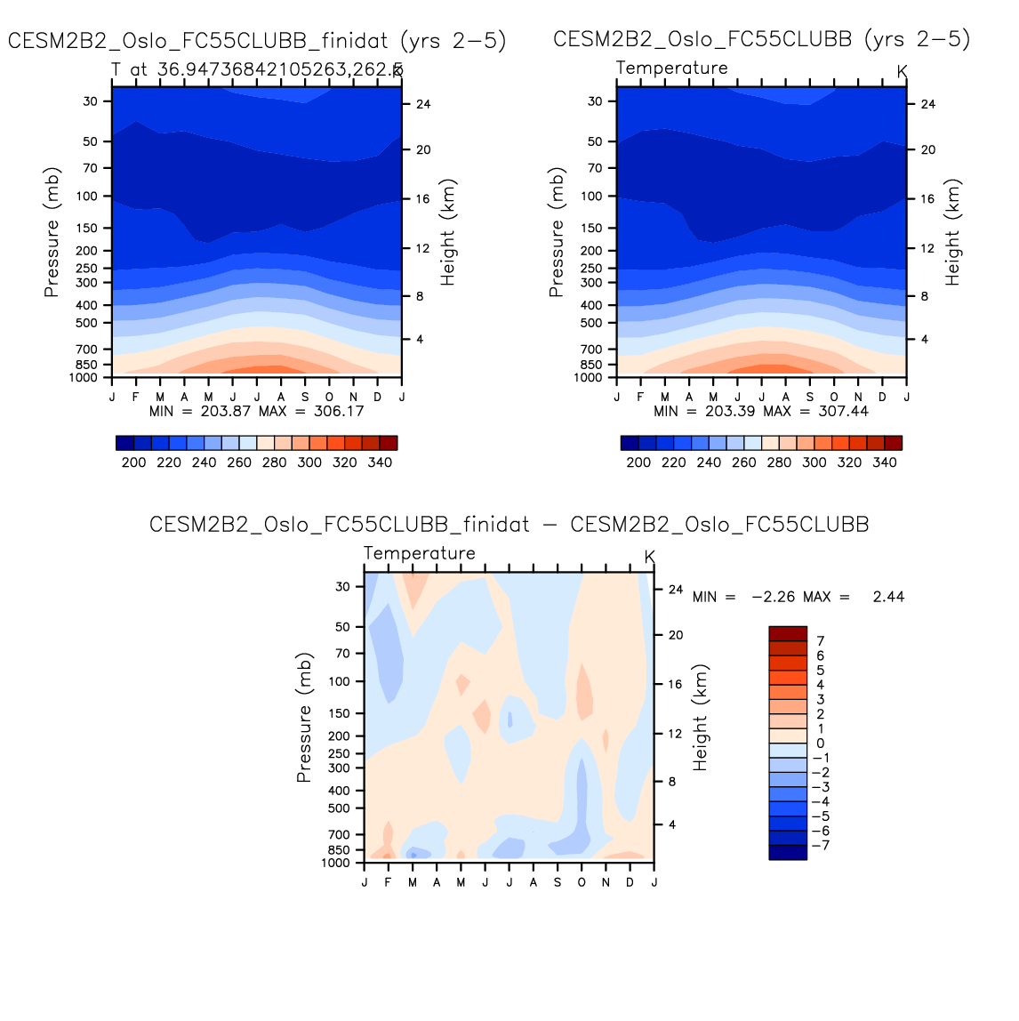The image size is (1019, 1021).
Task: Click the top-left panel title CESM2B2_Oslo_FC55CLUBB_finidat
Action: (257, 40)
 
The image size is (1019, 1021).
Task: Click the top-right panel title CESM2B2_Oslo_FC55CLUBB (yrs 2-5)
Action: (761, 39)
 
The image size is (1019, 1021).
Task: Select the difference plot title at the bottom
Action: (509, 525)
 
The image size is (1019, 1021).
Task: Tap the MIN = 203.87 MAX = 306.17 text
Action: (256, 411)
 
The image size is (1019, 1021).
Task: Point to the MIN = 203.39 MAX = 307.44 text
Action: (760, 411)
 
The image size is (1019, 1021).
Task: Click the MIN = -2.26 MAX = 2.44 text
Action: (798, 597)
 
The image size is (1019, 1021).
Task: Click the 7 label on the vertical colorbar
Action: (821, 641)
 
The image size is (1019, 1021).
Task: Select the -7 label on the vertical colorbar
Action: (822, 845)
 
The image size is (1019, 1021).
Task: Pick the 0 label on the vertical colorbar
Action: (821, 744)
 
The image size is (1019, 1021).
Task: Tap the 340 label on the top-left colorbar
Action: (380, 462)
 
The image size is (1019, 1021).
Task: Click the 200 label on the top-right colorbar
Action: (638, 462)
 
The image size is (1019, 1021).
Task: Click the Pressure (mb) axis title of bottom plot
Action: (304, 718)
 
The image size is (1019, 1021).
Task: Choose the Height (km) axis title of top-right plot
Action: (952, 232)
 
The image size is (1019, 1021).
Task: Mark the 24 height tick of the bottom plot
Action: (676, 590)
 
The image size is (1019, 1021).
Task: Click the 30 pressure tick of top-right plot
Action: (595, 101)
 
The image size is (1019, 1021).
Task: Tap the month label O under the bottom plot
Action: (582, 882)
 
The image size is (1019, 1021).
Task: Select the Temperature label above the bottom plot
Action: (420, 553)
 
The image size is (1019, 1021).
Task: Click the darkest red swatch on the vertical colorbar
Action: (788, 633)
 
